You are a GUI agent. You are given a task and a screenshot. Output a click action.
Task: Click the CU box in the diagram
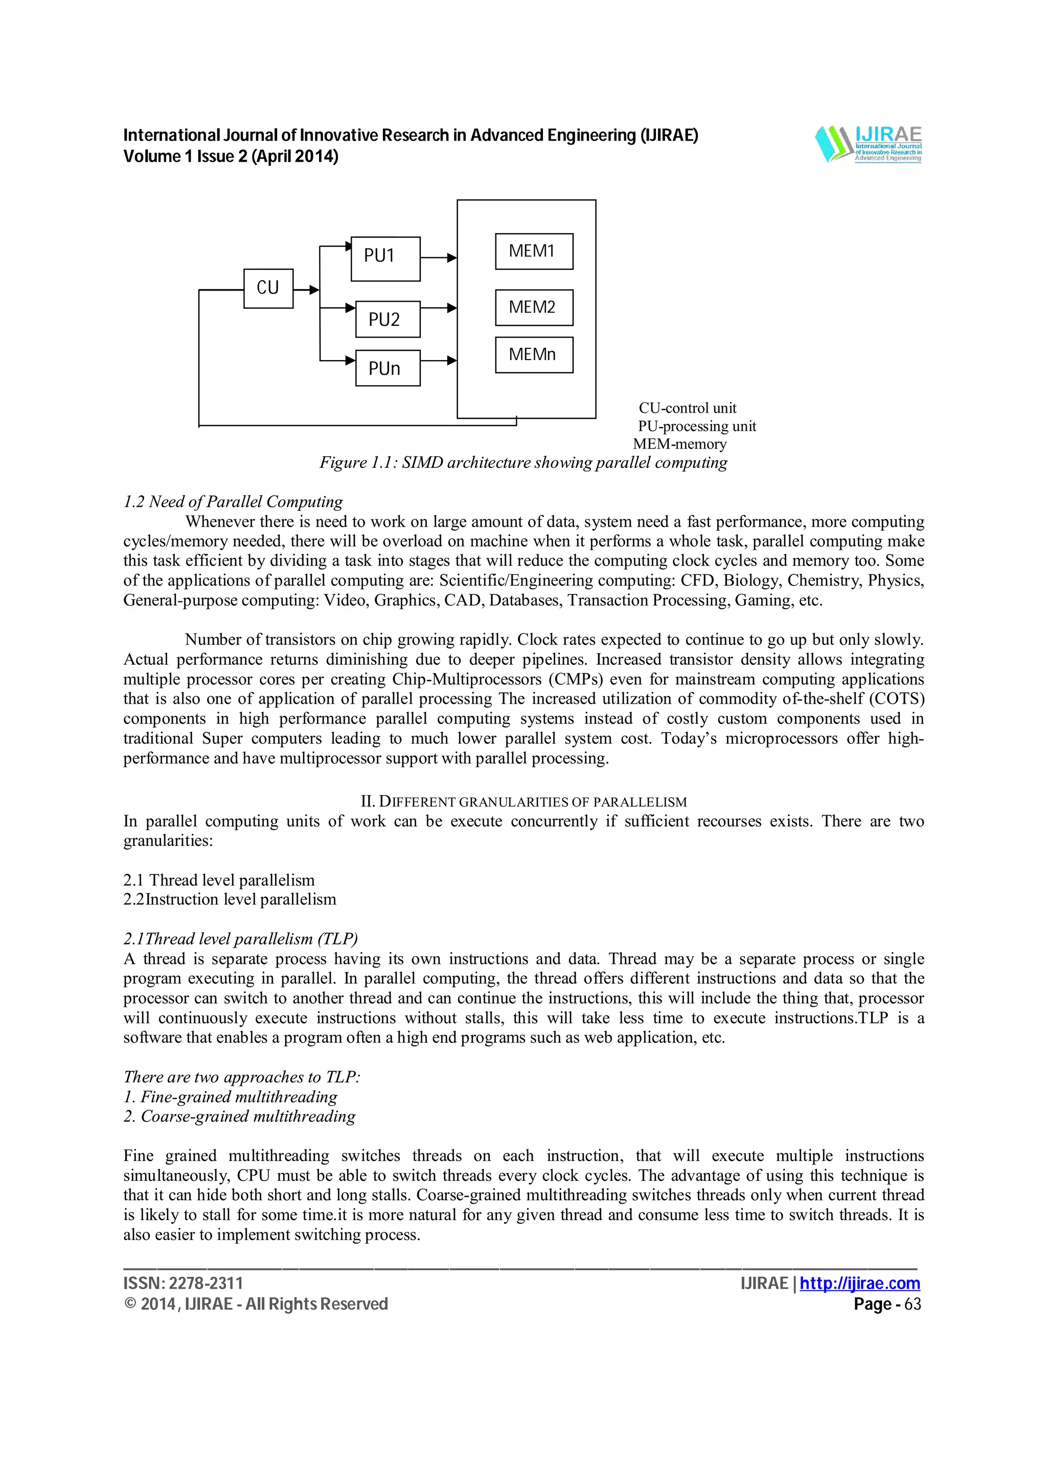click(x=268, y=288)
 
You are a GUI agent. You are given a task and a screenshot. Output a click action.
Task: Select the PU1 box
click(x=385, y=258)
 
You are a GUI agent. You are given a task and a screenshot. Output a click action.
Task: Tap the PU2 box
click(x=387, y=319)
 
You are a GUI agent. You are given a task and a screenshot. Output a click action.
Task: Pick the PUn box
click(x=387, y=368)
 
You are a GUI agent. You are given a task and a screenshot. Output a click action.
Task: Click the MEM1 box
click(x=534, y=251)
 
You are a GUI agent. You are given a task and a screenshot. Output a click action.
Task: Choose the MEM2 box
click(x=534, y=307)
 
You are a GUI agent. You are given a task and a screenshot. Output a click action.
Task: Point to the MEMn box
click(x=534, y=354)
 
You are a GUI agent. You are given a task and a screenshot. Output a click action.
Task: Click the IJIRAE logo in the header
click(x=868, y=143)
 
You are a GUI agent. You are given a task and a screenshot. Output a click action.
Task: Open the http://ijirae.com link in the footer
click(x=859, y=1283)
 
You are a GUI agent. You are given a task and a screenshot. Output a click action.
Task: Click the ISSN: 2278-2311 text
click(x=183, y=1283)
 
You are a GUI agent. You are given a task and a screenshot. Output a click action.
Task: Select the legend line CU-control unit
click(x=687, y=408)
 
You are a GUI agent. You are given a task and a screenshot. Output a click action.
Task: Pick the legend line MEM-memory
click(x=679, y=444)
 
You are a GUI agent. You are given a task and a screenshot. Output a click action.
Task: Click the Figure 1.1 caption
click(x=523, y=463)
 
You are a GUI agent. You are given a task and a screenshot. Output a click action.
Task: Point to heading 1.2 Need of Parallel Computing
click(x=233, y=502)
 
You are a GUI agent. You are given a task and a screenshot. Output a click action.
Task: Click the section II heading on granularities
click(x=523, y=802)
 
